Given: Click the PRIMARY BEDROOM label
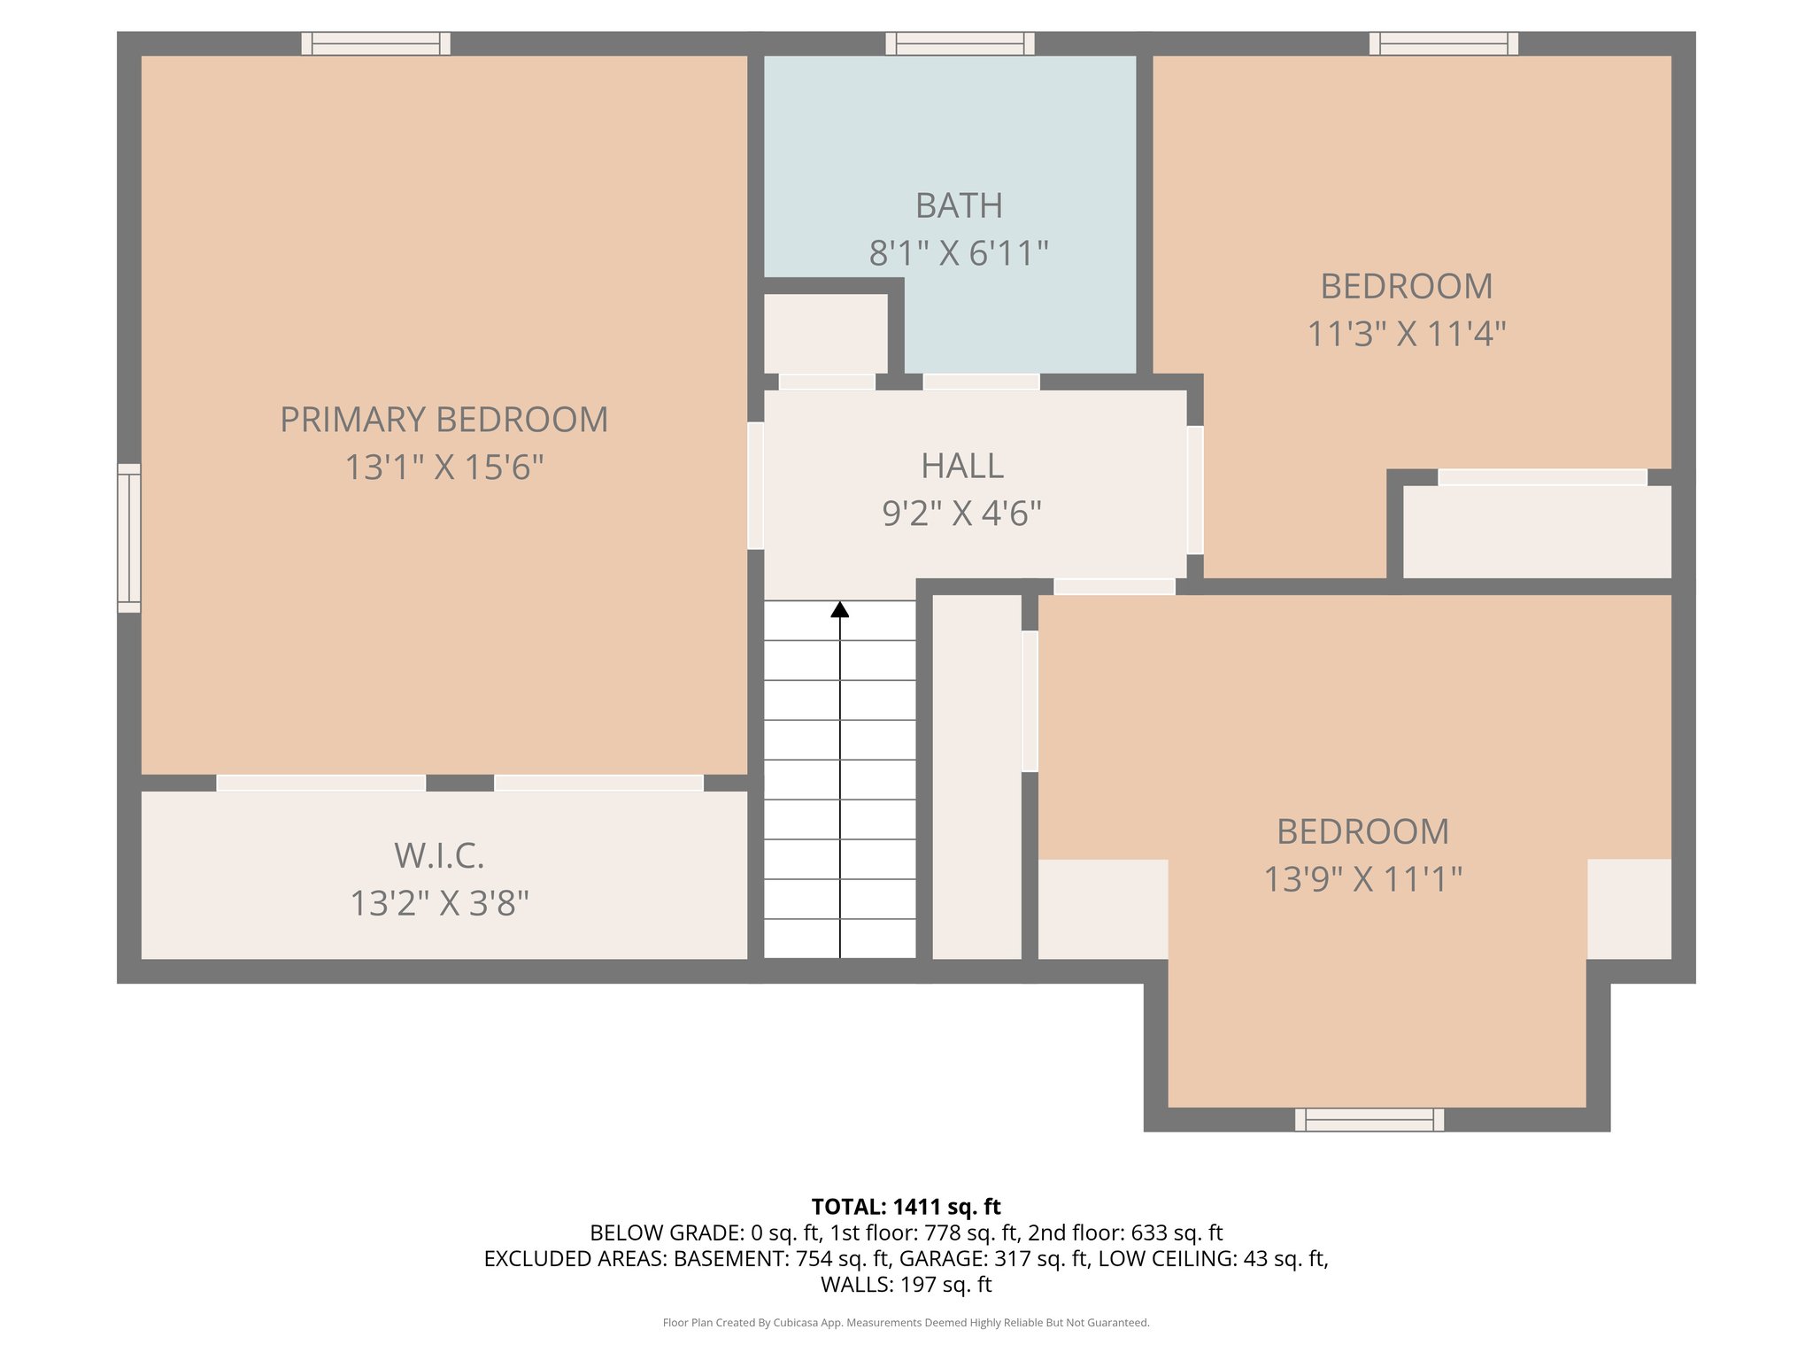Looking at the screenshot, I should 444,420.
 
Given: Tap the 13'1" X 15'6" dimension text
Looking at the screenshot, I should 444,467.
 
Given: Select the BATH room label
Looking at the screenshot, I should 959,206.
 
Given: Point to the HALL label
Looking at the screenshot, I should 962,466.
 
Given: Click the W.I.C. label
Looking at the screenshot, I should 439,855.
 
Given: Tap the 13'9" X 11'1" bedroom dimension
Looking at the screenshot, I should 1362,879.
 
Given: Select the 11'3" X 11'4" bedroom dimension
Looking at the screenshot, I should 1407,334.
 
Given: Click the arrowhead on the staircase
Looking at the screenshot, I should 840,609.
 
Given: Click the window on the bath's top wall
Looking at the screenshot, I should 960,43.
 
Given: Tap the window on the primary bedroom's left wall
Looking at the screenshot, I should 129,537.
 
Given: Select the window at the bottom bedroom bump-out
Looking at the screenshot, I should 1369,1120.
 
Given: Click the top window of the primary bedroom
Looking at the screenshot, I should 375,43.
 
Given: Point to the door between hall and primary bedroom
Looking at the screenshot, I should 755,485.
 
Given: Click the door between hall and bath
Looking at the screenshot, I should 981,382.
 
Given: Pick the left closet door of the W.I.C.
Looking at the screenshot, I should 320,783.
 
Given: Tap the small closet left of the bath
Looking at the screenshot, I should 825,334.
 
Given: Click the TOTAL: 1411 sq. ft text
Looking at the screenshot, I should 906,1207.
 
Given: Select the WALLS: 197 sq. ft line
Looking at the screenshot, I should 906,1284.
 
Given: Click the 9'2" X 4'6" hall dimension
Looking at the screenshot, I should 961,514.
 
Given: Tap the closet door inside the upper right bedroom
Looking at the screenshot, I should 1541,477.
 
